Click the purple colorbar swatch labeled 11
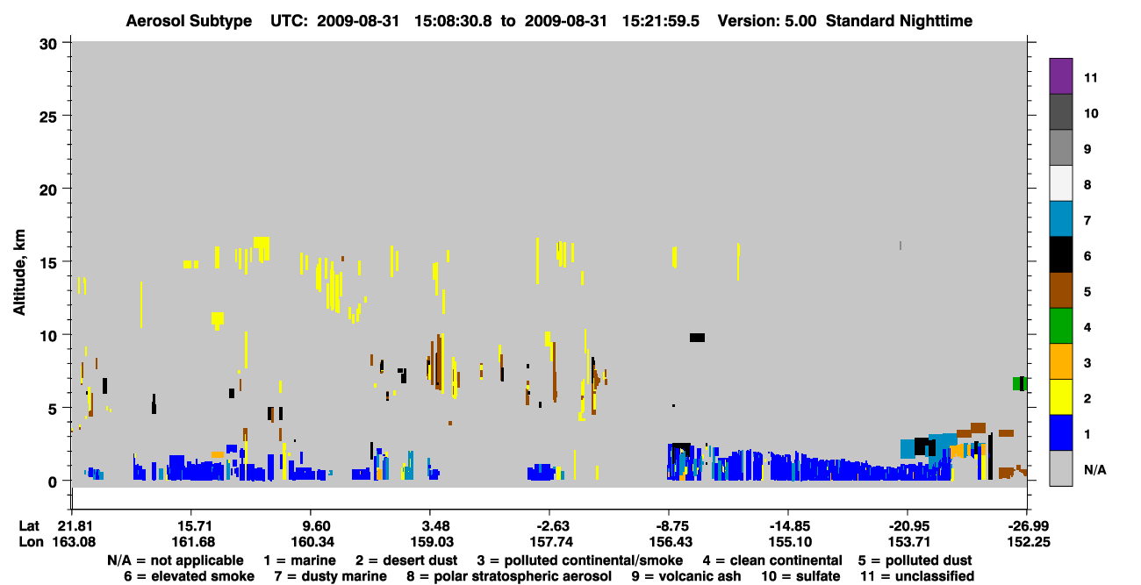(1060, 75)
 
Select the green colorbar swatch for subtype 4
(1060, 326)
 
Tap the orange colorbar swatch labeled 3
(1060, 361)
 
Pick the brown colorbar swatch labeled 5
(1060, 290)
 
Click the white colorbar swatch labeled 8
(1060, 183)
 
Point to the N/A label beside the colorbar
(1094, 469)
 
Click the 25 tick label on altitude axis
(48, 118)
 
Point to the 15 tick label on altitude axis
(48, 263)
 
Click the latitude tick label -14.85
(790, 526)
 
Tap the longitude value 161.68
(193, 542)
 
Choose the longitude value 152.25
(1029, 542)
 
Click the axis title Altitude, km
(19, 273)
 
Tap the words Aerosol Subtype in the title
(189, 21)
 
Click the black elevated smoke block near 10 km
(697, 338)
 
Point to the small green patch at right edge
(1016, 383)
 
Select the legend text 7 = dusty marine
(330, 576)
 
